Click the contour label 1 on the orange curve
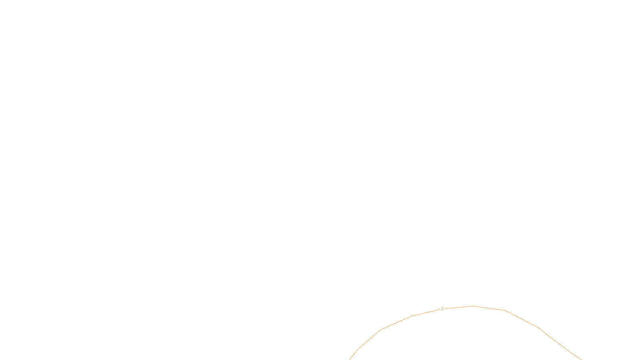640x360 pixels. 442,309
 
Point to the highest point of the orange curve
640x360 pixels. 474,306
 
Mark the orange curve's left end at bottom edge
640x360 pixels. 350,359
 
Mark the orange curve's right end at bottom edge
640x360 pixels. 581,359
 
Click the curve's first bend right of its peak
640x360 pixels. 506,310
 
